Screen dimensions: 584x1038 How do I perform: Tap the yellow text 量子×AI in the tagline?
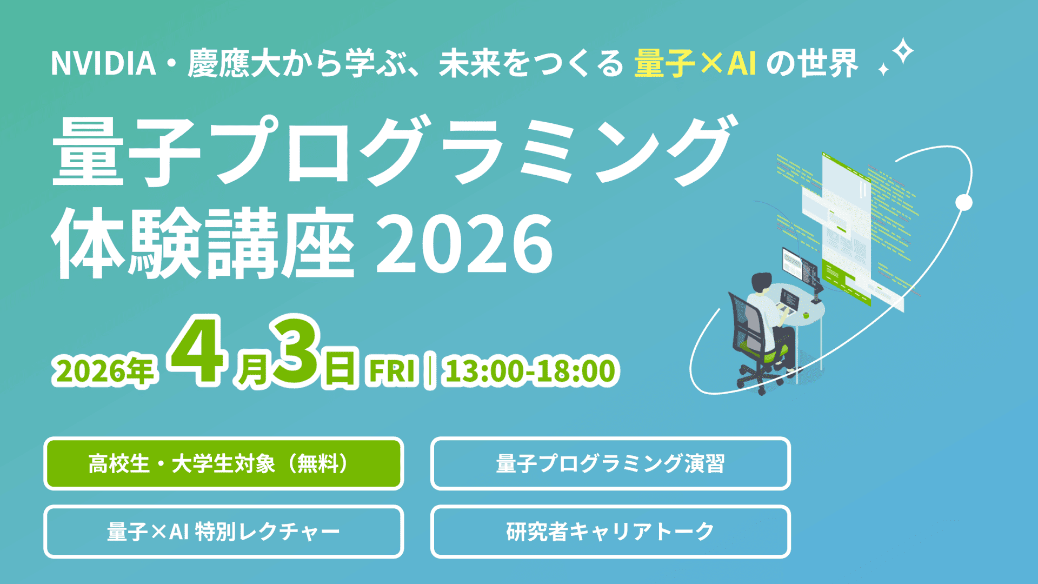[695, 63]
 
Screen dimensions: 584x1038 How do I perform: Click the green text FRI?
[392, 371]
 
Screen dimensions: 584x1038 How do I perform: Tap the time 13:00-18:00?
[530, 371]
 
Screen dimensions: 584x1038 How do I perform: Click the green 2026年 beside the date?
[104, 371]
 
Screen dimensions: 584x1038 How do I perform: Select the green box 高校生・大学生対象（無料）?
[223, 463]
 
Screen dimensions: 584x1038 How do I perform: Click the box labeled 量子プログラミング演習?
[610, 463]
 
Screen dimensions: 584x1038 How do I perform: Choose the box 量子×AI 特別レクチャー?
[223, 532]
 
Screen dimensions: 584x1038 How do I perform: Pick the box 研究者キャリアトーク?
[610, 532]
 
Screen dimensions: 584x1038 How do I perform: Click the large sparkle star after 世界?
[903, 52]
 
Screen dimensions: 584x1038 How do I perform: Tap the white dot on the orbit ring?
[963, 203]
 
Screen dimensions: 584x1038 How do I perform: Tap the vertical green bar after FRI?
[429, 371]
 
